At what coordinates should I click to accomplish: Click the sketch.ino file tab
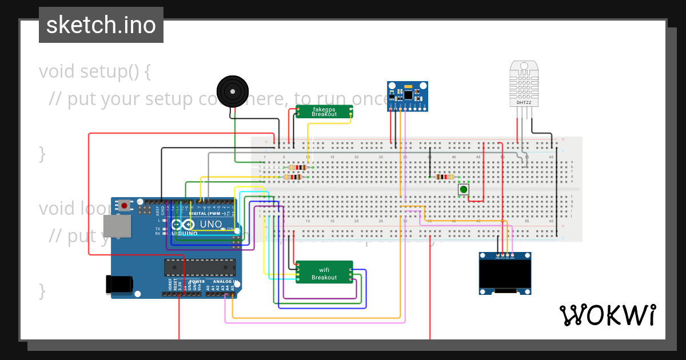point(101,25)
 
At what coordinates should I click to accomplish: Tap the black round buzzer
point(233,91)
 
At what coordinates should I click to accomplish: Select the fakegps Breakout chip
point(324,111)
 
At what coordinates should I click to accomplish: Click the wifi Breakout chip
point(324,273)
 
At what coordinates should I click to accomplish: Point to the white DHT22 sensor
point(524,84)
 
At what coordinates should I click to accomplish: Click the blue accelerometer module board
point(407,95)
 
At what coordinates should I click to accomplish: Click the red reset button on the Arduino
point(124,205)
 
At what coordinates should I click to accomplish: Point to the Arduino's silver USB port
point(117,226)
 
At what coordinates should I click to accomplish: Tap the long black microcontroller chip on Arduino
point(200,267)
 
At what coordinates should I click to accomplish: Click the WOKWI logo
point(607,315)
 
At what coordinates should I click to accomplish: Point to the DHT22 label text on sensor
point(524,103)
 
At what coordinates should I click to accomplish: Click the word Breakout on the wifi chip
point(324,278)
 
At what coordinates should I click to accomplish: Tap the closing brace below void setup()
point(42,153)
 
